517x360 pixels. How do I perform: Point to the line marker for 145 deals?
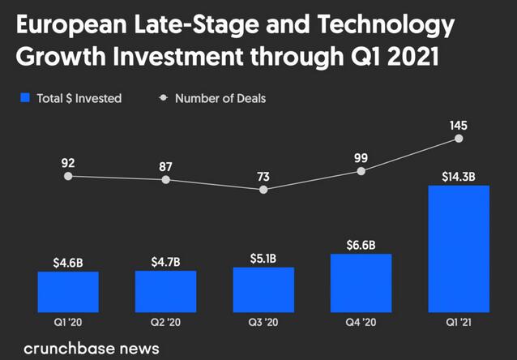(x=459, y=139)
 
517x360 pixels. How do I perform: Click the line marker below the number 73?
(x=263, y=190)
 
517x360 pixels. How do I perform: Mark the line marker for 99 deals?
(x=361, y=171)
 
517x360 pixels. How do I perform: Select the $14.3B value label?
(x=459, y=174)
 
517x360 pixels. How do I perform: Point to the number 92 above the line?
(x=68, y=161)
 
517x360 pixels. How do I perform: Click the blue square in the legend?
(x=25, y=98)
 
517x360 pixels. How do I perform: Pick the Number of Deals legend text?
(x=220, y=98)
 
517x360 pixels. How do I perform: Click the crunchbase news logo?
(x=92, y=349)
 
